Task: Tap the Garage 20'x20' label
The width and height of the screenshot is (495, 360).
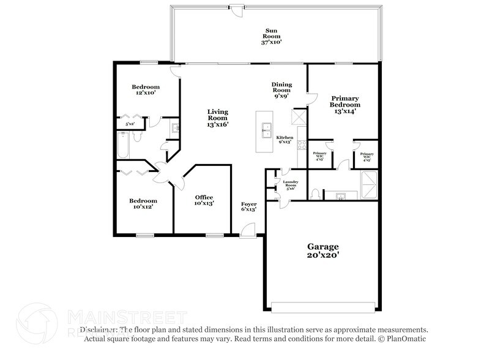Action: tap(322, 250)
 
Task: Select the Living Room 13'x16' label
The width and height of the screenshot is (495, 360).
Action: tap(217, 118)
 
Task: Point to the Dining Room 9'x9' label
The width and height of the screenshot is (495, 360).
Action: tap(281, 89)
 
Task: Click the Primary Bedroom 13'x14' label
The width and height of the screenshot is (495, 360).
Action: tap(345, 104)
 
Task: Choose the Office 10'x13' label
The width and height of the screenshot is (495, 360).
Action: tap(204, 200)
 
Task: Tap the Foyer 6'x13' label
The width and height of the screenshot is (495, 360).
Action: tap(248, 206)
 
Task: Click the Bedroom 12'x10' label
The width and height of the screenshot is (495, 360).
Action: tap(146, 90)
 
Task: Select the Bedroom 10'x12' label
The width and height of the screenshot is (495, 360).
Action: tap(143, 204)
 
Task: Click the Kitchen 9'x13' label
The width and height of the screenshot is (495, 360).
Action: tap(285, 140)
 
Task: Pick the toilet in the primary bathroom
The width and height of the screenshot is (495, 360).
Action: tap(314, 194)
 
